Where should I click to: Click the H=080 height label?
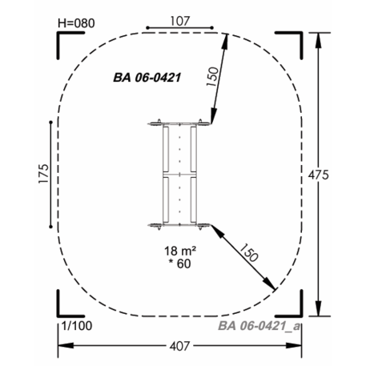coord(76,23)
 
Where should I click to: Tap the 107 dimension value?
coord(179,21)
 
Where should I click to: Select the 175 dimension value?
coord(44,174)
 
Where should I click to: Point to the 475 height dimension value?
coord(319,175)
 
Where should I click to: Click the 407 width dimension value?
coord(179,346)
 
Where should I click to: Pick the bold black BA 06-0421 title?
coord(147,78)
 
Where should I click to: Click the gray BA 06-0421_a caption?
coord(259,326)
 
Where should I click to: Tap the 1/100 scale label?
coord(77,326)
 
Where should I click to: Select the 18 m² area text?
coord(180,251)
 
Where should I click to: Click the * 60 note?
coord(179,263)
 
